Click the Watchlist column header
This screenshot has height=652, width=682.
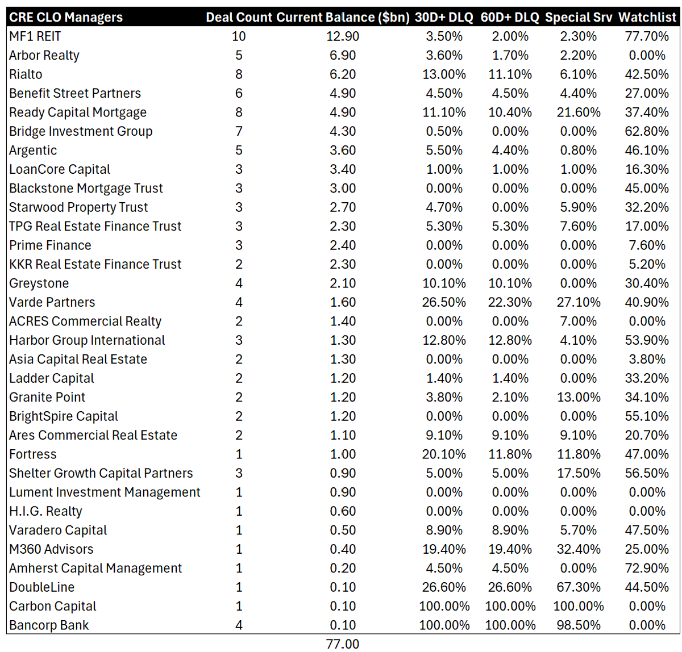tap(647, 17)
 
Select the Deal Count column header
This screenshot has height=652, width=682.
tap(239, 17)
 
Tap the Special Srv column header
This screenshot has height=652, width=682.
tap(579, 17)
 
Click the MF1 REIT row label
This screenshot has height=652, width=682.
tap(35, 36)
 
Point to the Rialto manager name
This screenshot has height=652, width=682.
tap(26, 74)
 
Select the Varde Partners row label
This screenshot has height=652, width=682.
tap(52, 302)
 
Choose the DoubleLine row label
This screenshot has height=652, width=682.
tap(41, 587)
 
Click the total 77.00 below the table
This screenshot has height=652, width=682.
tap(342, 644)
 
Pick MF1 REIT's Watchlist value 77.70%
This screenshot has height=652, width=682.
tap(647, 36)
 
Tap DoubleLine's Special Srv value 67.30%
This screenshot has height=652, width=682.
tap(579, 587)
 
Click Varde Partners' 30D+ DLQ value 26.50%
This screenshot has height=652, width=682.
tap(444, 302)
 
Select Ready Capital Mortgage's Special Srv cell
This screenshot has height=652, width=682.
tap(579, 112)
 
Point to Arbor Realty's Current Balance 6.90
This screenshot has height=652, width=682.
tap(342, 55)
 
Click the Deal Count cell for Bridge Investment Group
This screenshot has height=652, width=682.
tap(239, 131)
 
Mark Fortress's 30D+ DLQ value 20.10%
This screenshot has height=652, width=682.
tap(444, 454)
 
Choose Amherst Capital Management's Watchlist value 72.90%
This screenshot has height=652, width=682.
tap(647, 569)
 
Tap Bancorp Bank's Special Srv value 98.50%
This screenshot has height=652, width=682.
tap(579, 625)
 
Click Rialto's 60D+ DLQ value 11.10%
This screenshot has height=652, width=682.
tap(510, 74)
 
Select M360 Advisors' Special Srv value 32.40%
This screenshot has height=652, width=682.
tap(579, 549)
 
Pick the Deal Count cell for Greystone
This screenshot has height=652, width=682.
tap(239, 283)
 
